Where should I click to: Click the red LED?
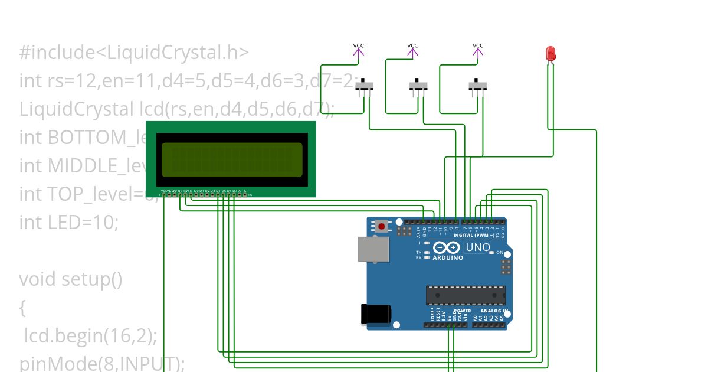(x=550, y=54)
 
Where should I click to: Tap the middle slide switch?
(x=418, y=87)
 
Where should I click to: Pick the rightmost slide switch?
(x=478, y=87)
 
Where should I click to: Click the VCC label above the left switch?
(x=359, y=46)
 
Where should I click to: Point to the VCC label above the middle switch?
(x=412, y=46)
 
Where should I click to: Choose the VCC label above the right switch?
(x=478, y=46)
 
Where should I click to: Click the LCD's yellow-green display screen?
(x=232, y=159)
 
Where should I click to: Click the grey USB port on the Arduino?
(x=373, y=249)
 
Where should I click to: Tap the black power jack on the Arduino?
(x=375, y=313)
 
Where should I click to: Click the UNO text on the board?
(x=478, y=247)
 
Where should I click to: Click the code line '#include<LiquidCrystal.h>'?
(x=134, y=53)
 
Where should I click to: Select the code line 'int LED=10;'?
(x=69, y=222)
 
